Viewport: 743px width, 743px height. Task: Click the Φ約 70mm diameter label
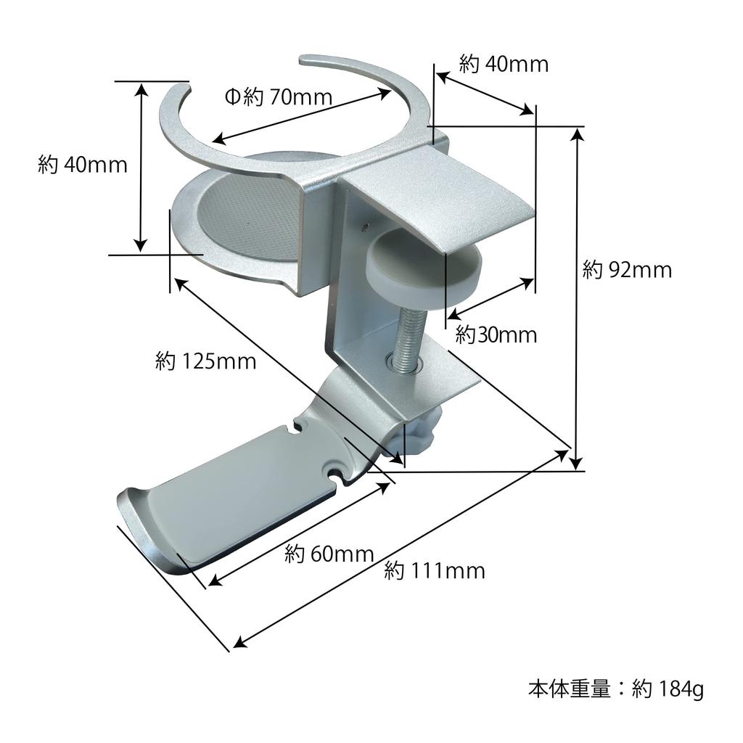pos(278,97)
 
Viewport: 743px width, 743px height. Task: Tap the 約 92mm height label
pos(627,271)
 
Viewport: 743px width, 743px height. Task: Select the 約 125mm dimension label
pos(206,361)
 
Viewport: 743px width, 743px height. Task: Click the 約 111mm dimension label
pos(435,571)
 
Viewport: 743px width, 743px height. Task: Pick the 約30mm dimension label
pos(496,335)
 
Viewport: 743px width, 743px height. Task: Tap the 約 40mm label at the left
pos(83,165)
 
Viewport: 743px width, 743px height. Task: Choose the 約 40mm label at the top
pos(504,65)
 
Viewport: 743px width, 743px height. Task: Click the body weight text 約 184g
pos(616,689)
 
